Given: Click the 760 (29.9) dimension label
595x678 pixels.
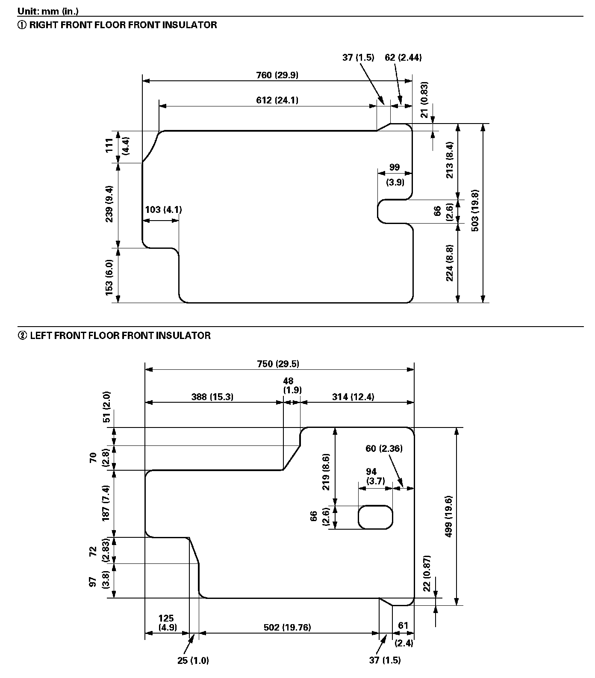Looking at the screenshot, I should [277, 75].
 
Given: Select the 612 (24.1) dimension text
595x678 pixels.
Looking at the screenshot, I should [277, 100].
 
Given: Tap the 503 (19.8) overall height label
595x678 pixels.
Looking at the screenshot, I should [475, 210].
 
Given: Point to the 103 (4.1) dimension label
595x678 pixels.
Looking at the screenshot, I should [163, 209].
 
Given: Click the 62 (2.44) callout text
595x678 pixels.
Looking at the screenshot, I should [403, 57].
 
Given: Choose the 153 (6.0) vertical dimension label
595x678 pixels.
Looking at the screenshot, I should [109, 277].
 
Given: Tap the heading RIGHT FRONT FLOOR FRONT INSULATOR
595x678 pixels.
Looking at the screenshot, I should [117, 25].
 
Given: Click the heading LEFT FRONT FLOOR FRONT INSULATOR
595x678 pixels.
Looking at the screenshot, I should [114, 336].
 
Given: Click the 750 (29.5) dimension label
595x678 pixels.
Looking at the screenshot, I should [278, 364].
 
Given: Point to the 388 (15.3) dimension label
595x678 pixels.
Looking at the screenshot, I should [212, 397].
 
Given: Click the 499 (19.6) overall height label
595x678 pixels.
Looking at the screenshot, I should [448, 516].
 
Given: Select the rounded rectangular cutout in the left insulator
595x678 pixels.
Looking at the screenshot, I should [375, 517].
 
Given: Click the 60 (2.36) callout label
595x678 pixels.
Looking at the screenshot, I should [384, 448].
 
